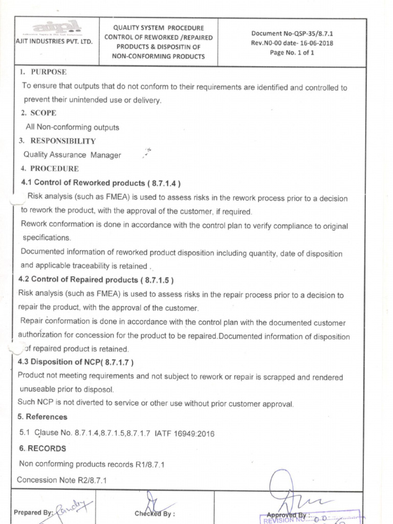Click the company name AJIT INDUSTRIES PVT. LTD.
click(x=54, y=41)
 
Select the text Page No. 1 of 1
click(x=292, y=52)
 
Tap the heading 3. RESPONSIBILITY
click(x=57, y=141)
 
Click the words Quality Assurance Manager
click(x=72, y=155)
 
